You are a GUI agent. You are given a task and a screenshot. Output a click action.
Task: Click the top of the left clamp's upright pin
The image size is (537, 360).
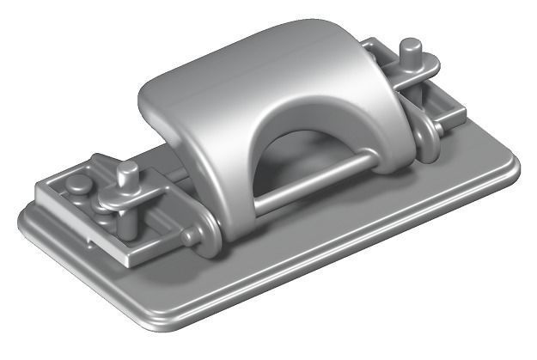pos(128,170)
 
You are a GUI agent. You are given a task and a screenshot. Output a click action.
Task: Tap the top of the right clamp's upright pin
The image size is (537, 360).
pos(411,45)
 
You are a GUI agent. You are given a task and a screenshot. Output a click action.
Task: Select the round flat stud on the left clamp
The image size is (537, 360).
pos(78,183)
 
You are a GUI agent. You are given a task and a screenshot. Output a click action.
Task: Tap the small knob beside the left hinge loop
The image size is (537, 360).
pos(186,237)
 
